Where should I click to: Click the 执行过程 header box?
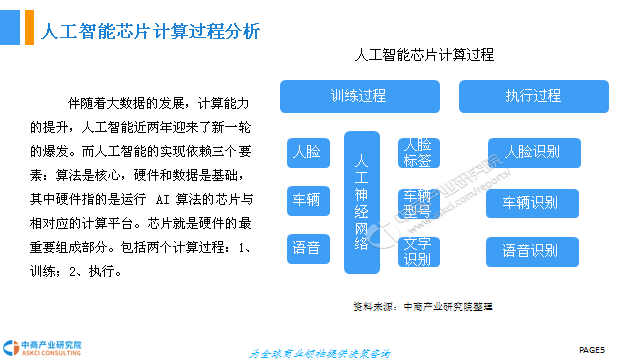533,97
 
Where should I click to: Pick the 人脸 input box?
306,153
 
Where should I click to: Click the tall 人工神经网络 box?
362,201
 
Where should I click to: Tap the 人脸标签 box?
418,153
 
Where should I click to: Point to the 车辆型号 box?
418,201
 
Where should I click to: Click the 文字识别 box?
418,252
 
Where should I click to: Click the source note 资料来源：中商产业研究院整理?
423,306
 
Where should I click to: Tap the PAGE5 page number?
593,348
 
